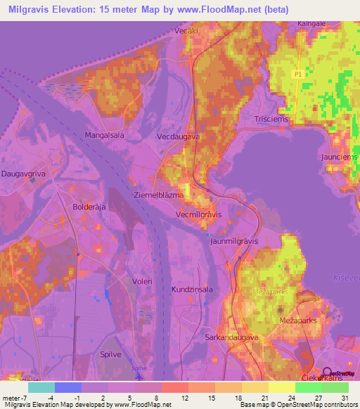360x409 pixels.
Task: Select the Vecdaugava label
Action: coord(178,137)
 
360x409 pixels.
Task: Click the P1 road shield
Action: coord(297,73)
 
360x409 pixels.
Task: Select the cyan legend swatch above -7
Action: coord(41,387)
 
